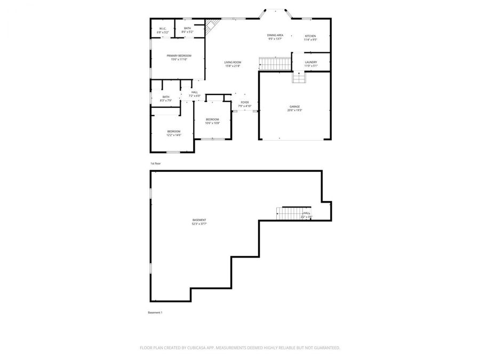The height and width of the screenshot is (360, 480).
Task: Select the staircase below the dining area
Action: pos(275,64)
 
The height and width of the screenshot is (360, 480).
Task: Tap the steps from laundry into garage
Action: pos(299,78)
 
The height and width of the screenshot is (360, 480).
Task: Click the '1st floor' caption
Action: pos(155,163)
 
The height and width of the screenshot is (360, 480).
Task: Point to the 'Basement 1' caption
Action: pos(155,312)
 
